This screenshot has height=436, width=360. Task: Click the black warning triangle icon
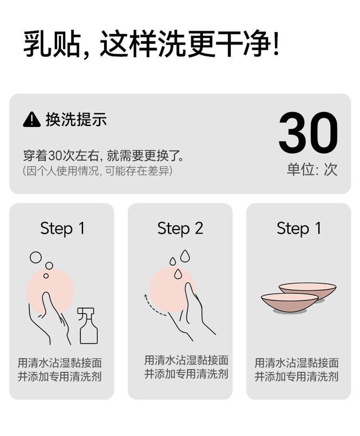31,119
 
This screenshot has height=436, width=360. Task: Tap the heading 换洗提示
76,119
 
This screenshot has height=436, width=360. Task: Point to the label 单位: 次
312,170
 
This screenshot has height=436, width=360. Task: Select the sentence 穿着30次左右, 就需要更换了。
103,155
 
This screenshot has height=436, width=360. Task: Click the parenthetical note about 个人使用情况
97,171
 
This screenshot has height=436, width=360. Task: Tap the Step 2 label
180,228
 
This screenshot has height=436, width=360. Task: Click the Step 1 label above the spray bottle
62,228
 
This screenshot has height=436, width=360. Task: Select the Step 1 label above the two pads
298,228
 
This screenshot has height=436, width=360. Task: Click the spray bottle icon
88,326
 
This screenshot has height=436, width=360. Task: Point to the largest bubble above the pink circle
36,257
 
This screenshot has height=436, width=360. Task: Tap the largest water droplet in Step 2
185,256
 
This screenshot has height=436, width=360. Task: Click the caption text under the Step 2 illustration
186,367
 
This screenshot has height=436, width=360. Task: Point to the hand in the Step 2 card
192,313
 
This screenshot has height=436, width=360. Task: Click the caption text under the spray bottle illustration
60,369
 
